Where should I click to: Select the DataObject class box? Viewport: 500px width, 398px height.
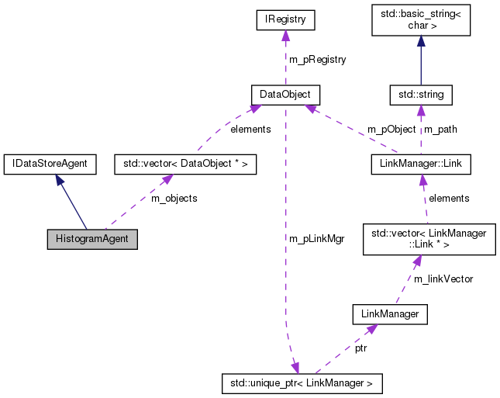[285, 95]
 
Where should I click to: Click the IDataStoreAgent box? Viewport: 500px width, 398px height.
[50, 164]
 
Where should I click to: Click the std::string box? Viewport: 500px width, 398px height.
[420, 95]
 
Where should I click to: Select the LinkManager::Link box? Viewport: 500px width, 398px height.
[420, 164]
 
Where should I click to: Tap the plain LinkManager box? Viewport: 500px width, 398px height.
[390, 314]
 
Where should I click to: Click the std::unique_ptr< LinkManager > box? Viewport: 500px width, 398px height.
[301, 382]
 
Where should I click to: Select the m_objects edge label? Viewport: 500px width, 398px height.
[174, 199]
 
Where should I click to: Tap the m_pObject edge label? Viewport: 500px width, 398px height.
[391, 130]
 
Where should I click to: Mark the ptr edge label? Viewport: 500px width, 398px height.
[361, 348]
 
